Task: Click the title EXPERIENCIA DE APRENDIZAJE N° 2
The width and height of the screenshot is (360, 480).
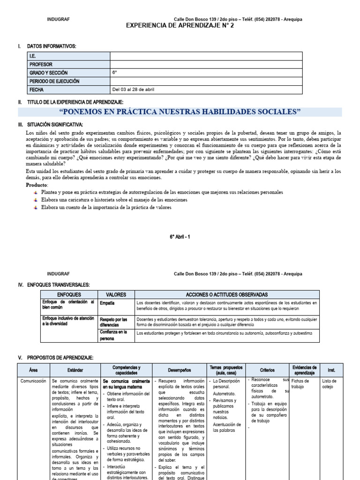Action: coord(180,26)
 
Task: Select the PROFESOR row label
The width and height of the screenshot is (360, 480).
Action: coord(41,64)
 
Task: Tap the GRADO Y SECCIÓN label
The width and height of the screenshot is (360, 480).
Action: coord(48,73)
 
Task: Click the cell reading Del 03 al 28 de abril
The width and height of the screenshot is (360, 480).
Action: coord(133,90)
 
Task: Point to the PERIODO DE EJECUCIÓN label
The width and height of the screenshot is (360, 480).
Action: coord(54,81)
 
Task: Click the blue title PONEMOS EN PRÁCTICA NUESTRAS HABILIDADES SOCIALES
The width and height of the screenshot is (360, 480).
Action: coord(180,112)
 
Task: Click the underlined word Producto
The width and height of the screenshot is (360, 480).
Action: coord(37,185)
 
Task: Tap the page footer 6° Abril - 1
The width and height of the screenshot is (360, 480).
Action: coord(180,238)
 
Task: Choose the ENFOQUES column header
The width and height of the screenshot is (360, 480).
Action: coord(69,294)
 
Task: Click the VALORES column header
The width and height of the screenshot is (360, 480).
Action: coord(116,294)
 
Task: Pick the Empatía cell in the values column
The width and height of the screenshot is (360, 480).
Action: coord(107,303)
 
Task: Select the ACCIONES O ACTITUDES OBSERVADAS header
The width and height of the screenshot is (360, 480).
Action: coord(226,294)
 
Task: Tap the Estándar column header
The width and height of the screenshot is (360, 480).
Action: coord(75,370)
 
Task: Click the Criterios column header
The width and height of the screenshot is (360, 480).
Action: coord(267,370)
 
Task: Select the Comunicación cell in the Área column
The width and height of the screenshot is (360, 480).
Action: coord(33,381)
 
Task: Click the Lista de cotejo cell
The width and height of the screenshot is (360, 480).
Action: coord(330,384)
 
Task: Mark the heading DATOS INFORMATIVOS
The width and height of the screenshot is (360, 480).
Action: coord(51,46)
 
